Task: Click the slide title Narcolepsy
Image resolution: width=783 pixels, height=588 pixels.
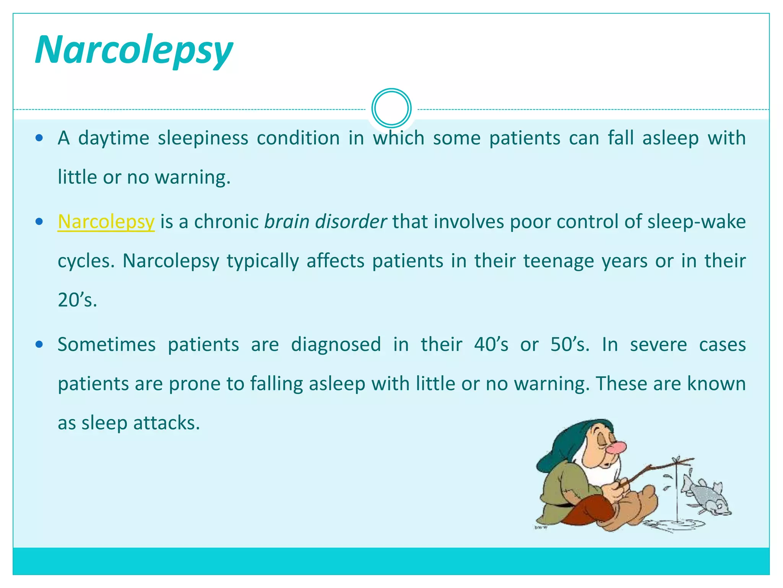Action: (134, 50)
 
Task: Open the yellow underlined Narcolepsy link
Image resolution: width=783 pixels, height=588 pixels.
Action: (106, 222)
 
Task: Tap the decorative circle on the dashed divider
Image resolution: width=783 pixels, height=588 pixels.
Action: (391, 108)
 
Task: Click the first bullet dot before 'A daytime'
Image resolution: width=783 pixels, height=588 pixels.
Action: (39, 138)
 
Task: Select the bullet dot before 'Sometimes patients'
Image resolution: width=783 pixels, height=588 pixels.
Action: (39, 345)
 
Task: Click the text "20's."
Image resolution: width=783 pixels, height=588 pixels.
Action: (77, 300)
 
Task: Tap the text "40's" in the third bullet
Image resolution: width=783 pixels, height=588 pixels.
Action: (491, 345)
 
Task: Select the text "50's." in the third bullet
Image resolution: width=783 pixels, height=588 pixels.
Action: (570, 345)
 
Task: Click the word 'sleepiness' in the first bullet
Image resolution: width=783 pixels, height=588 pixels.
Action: (203, 138)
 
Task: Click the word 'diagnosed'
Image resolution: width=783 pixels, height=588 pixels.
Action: (336, 345)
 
